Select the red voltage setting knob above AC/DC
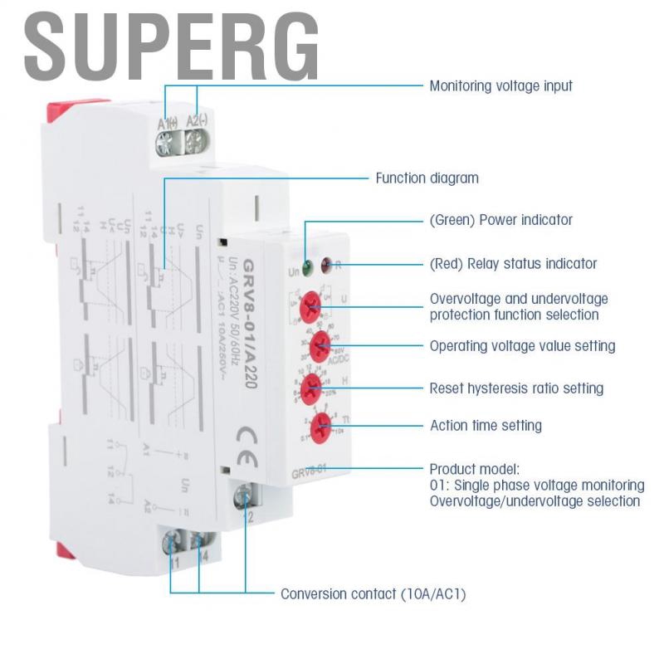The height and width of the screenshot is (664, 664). (x=319, y=343)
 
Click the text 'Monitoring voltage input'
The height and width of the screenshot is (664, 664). (x=500, y=85)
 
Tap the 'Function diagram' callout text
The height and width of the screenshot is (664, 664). (x=427, y=178)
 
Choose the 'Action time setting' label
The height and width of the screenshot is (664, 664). (x=486, y=426)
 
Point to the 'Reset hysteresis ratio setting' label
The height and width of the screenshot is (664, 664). (x=516, y=388)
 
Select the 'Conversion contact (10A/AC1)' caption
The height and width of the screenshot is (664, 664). (x=378, y=593)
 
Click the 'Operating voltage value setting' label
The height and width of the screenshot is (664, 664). (x=522, y=345)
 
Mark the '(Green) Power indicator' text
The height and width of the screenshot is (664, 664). (x=500, y=220)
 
